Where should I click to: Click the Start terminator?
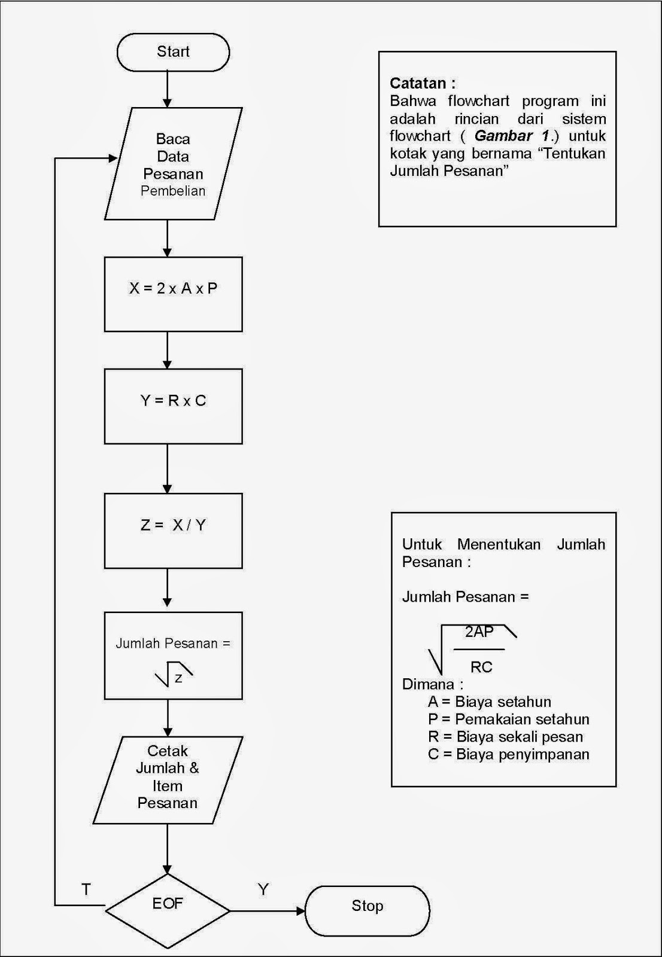(173, 52)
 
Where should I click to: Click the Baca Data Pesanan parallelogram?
(173, 164)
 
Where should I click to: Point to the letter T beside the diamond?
(86, 889)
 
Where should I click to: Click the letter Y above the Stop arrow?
(263, 889)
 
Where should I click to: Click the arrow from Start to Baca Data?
(168, 90)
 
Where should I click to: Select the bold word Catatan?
(418, 83)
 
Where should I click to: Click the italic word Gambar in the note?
(503, 136)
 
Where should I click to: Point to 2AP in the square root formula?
(479, 631)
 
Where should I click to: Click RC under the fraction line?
(481, 667)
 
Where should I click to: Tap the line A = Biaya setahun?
(490, 702)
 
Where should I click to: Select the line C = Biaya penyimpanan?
(508, 754)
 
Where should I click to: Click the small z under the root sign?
(178, 678)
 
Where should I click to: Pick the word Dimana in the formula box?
(428, 684)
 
